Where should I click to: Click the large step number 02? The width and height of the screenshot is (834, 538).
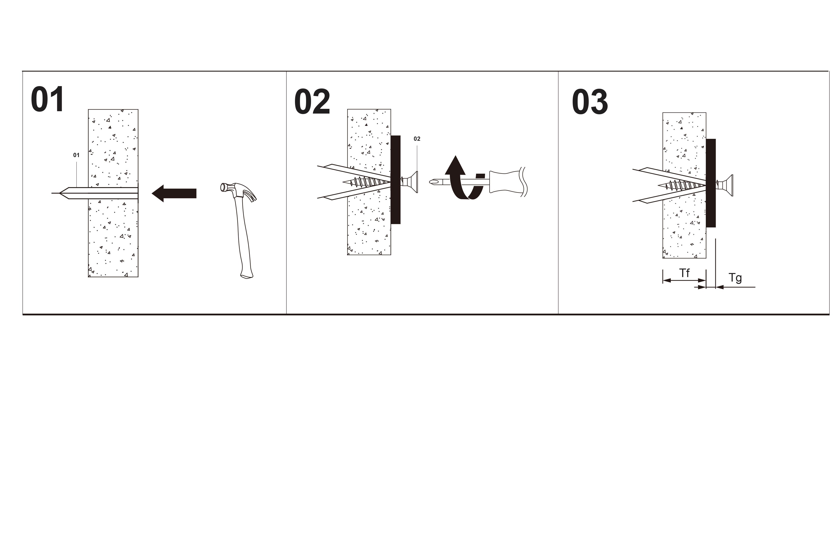coord(312,102)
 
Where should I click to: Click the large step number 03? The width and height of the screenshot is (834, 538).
coord(590,102)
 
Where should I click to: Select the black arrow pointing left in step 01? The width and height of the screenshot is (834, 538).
coord(174,193)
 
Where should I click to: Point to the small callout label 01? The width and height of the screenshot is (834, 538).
coord(76,155)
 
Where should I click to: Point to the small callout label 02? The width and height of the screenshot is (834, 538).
coord(417,139)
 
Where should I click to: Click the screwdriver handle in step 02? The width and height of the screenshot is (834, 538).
coord(508,182)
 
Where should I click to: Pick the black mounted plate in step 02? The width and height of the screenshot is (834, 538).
coord(395,180)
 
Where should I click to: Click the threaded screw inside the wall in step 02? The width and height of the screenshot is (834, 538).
coord(366,182)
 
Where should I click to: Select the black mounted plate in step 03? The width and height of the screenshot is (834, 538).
coord(711,183)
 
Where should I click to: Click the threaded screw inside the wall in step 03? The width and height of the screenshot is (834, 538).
coord(682,185)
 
